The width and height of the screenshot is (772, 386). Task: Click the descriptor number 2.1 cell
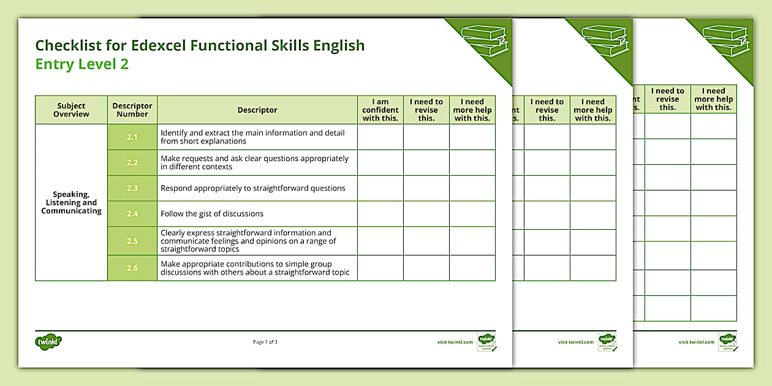pyautogui.click(x=132, y=137)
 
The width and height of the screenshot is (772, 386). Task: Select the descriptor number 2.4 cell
pyautogui.click(x=132, y=214)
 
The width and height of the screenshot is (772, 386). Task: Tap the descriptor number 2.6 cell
pyautogui.click(x=132, y=268)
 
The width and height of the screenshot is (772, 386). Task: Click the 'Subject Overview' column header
pyautogui.click(x=71, y=110)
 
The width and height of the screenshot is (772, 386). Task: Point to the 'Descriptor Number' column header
pyautogui.click(x=132, y=110)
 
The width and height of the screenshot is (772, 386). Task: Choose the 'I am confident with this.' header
pyautogui.click(x=380, y=110)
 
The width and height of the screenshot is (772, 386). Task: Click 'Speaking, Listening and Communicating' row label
pyautogui.click(x=71, y=203)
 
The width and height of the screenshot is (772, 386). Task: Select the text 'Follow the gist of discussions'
pyautogui.click(x=212, y=214)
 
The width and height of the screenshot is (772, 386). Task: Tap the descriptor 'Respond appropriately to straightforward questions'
pyautogui.click(x=253, y=188)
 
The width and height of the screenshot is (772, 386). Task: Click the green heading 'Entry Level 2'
pyautogui.click(x=82, y=64)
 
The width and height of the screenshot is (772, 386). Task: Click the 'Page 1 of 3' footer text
pyautogui.click(x=265, y=342)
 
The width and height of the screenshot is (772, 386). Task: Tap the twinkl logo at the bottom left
pyautogui.click(x=49, y=341)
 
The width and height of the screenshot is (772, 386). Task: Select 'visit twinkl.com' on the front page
pyautogui.click(x=455, y=342)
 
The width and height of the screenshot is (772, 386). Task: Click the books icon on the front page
pyautogui.click(x=484, y=40)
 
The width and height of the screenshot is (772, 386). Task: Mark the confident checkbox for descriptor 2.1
pyautogui.click(x=380, y=137)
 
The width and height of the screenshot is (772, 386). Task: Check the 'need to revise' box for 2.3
pyautogui.click(x=426, y=188)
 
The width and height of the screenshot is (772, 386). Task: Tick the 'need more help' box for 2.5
pyautogui.click(x=472, y=241)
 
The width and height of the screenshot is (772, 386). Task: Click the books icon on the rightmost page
pyautogui.click(x=725, y=40)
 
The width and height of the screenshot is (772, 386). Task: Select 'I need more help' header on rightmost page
pyautogui.click(x=714, y=99)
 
